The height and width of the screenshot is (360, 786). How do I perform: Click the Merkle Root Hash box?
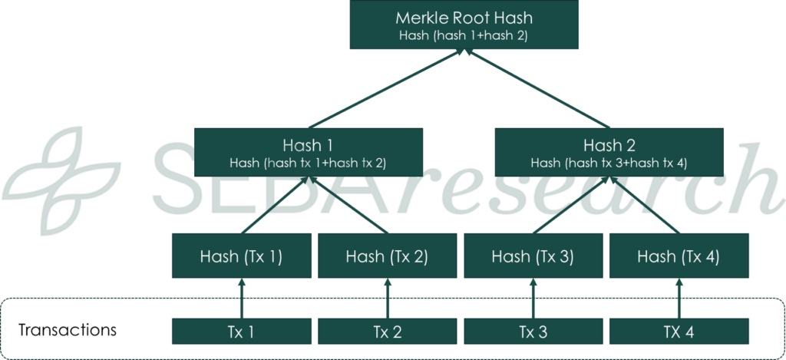[x=463, y=25]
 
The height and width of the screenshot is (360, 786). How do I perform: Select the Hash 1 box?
[x=308, y=151]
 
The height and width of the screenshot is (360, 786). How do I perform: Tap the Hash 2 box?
[x=609, y=151]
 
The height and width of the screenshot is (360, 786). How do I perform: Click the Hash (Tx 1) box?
[x=241, y=256]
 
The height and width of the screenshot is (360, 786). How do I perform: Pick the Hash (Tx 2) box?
[x=387, y=256]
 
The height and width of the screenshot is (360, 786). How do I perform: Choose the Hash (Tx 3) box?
[x=532, y=256]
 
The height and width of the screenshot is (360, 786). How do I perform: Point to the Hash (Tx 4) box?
[x=678, y=256]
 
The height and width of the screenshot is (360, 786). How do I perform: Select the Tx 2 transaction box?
[x=387, y=332]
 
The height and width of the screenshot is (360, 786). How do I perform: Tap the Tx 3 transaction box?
[x=532, y=332]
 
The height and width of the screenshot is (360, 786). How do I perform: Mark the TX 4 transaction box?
[x=678, y=332]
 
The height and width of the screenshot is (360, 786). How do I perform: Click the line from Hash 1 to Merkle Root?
[x=384, y=89]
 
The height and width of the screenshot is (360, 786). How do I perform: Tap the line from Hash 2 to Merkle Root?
[x=537, y=89]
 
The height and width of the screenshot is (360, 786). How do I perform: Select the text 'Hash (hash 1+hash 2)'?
[x=463, y=35]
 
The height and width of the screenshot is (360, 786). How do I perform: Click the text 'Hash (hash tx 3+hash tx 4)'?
[x=609, y=163]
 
